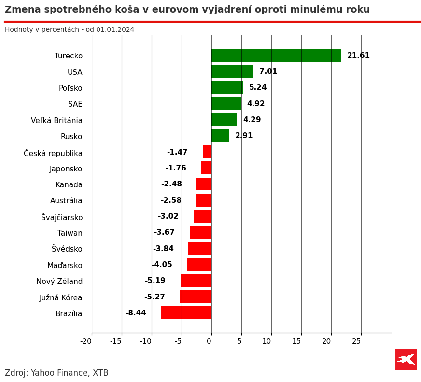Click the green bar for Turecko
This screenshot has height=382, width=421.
click(276, 56)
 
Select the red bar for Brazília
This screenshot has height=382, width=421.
click(186, 313)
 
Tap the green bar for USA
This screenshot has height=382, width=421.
click(232, 71)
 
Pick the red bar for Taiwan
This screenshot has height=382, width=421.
click(200, 232)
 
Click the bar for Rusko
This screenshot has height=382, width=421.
click(220, 136)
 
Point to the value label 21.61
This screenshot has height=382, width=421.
click(358, 56)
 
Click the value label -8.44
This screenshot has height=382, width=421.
click(136, 313)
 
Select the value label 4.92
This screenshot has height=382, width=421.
click(256, 104)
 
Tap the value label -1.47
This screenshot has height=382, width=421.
click(177, 152)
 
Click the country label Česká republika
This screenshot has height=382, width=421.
click(53, 153)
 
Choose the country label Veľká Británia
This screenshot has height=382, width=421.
click(56, 121)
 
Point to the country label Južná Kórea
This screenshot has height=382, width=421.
click(61, 297)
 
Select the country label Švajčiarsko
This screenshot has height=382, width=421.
click(62, 217)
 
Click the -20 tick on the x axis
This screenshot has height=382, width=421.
click(86, 341)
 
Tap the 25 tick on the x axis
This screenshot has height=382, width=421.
click(356, 341)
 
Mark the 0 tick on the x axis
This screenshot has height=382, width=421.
click(209, 341)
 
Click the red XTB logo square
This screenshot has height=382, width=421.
click(406, 359)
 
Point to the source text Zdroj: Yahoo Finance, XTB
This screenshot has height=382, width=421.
click(56, 373)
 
